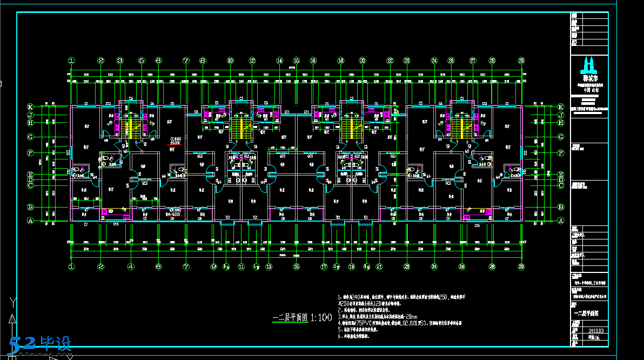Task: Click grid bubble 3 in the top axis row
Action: pos(120,61)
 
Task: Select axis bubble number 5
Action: pos(142,61)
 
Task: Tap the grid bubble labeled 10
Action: pos(230,61)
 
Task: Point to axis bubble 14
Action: pos(279,61)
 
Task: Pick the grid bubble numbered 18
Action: pos(341,61)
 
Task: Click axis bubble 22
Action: pos(390,61)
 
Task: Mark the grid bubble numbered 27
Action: pos(473,61)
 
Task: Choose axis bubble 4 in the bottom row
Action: pos(130,266)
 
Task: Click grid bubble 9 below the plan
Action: pos(214,266)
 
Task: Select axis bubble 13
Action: pos(269,266)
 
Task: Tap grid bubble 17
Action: pos(324,266)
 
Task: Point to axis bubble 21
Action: pos(379,266)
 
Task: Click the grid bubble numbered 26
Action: pos(462,266)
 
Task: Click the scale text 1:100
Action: pos(321,318)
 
